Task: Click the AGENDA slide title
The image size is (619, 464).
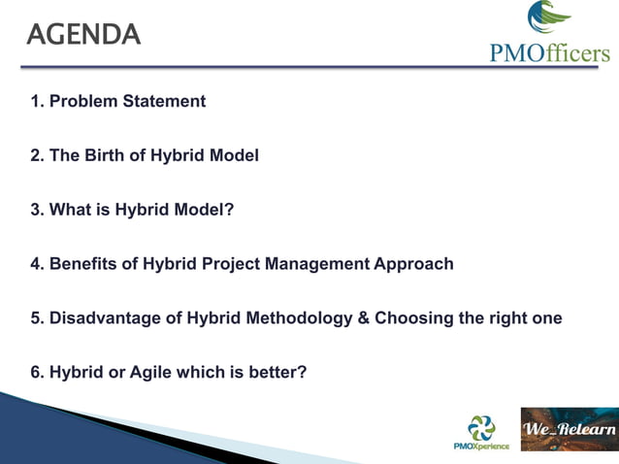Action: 84,35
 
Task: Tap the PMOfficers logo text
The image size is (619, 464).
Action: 549,52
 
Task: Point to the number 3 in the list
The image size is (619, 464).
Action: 35,209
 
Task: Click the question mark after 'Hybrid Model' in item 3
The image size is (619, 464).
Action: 230,209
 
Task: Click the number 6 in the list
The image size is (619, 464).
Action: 35,372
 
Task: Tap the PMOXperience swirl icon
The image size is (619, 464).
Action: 481,426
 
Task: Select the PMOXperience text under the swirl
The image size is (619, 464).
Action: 481,447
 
